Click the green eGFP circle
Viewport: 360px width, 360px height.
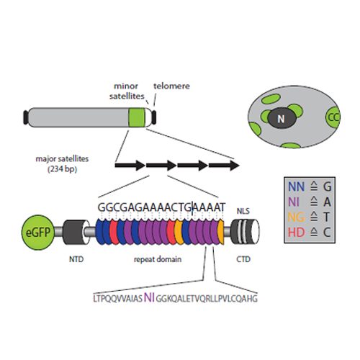click(x=37, y=233)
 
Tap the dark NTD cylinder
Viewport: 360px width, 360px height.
click(x=76, y=232)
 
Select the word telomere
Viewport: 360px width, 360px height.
click(x=171, y=86)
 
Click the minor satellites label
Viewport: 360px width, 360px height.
click(x=127, y=91)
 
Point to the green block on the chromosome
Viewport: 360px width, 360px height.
click(x=137, y=117)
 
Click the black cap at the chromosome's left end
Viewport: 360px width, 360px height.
click(x=26, y=117)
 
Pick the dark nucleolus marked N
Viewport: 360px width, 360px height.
click(x=282, y=118)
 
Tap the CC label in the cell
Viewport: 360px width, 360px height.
click(x=334, y=117)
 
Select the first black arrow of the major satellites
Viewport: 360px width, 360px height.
click(x=130, y=166)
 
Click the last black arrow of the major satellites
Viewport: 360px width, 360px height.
click(x=224, y=166)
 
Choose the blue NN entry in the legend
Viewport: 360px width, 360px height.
click(x=296, y=186)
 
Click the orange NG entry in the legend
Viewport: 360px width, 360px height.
click(x=296, y=217)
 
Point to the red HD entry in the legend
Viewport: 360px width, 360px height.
click(x=297, y=232)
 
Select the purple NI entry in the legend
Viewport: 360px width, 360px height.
click(x=294, y=202)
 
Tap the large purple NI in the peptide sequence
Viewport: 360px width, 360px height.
click(x=149, y=297)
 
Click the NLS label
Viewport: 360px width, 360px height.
click(x=243, y=211)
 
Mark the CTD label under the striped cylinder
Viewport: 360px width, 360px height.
click(x=243, y=259)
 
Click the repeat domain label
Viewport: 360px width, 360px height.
click(x=158, y=259)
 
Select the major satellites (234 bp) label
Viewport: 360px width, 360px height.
click(x=62, y=164)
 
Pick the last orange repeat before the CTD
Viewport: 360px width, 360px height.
click(x=221, y=233)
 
